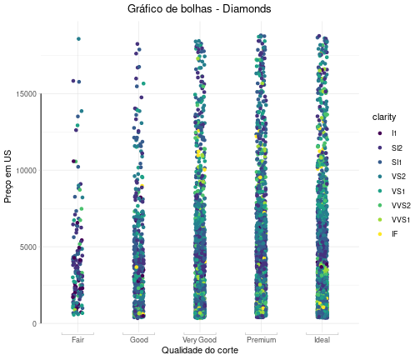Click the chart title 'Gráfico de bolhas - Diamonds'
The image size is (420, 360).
pyautogui.click(x=199, y=9)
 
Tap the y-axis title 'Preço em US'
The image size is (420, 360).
pyautogui.click(x=7, y=177)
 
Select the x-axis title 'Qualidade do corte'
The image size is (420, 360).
pyautogui.click(x=200, y=350)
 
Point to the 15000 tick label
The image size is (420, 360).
pyautogui.click(x=27, y=94)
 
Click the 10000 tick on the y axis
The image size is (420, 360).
pyautogui.click(x=27, y=170)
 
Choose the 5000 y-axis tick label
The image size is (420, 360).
pyautogui.click(x=28, y=247)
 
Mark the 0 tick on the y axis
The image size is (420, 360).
pyautogui.click(x=34, y=323)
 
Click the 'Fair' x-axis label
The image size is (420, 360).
pyautogui.click(x=77, y=340)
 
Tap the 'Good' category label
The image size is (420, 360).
pyautogui.click(x=139, y=340)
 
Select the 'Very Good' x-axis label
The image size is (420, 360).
pyautogui.click(x=199, y=340)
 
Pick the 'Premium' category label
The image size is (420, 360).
pyautogui.click(x=262, y=340)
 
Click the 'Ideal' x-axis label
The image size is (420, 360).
pyautogui.click(x=322, y=340)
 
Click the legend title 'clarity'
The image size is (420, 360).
pyautogui.click(x=384, y=117)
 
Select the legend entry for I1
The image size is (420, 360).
pyautogui.click(x=387, y=133)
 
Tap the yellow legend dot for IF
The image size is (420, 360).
pyautogui.click(x=380, y=234)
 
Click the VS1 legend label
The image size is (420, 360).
pyautogui.click(x=398, y=191)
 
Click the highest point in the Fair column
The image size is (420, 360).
pyautogui.click(x=78, y=39)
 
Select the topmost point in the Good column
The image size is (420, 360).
pyautogui.click(x=137, y=44)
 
